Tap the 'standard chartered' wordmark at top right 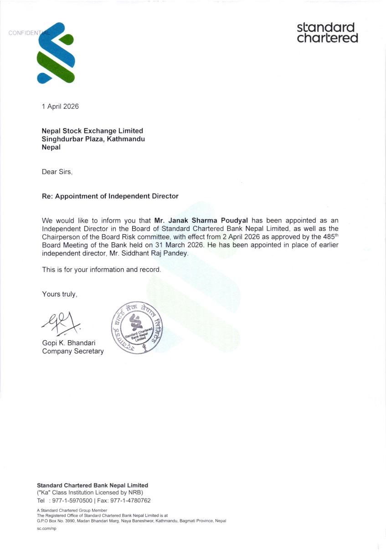327,33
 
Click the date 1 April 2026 60,107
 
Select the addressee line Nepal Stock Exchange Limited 92,131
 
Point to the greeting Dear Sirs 57,172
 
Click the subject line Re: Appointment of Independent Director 110,196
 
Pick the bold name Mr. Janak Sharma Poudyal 201,220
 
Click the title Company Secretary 73,351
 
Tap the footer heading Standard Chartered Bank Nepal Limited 92,486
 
